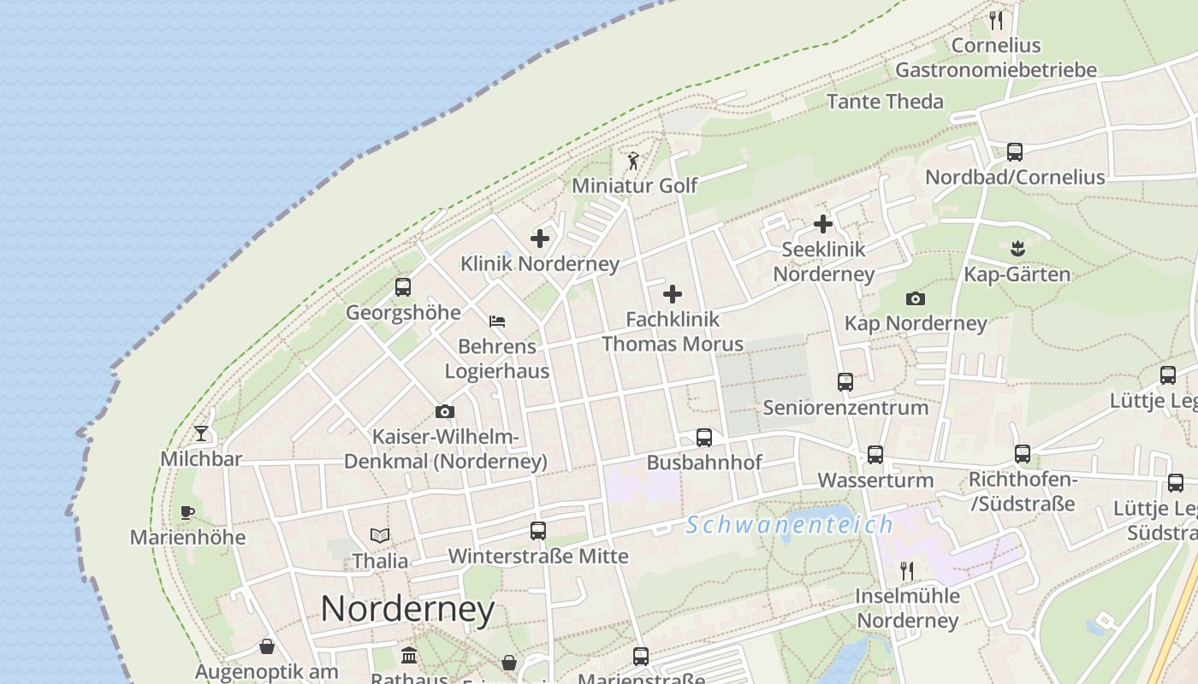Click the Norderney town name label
(407, 609)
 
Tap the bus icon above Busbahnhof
(704, 438)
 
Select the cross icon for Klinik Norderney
(540, 238)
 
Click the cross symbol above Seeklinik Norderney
(823, 224)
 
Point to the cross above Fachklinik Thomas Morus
(673, 294)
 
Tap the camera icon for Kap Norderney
(916, 298)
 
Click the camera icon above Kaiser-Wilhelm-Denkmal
(444, 412)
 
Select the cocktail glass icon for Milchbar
(201, 433)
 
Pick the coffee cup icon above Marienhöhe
(187, 512)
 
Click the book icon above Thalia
(380, 535)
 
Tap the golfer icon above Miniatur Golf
(633, 160)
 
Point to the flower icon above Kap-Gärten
(1017, 249)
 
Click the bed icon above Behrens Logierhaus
(497, 321)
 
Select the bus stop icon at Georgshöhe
(403, 287)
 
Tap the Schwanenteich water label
(789, 524)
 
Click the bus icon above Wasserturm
(875, 455)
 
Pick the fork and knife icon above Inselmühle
(907, 570)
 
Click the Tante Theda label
(885, 101)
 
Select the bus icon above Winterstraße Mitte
(538, 531)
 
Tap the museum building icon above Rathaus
(409, 657)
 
